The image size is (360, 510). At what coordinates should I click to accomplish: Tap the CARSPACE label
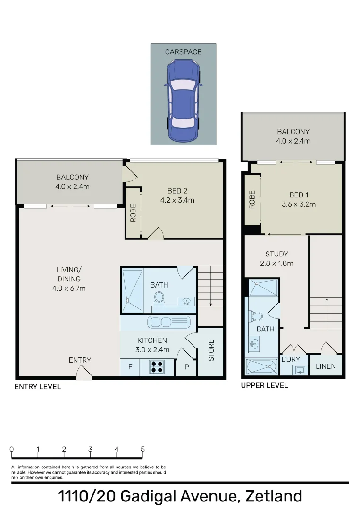[x=183, y=52]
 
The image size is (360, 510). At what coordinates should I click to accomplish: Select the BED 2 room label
[x=177, y=191]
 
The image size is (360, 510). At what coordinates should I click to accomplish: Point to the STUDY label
[x=276, y=254]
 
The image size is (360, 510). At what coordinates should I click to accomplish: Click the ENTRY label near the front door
[x=80, y=360]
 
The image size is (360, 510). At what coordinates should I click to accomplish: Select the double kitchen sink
[x=168, y=323]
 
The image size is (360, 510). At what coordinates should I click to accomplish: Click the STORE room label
[x=211, y=350]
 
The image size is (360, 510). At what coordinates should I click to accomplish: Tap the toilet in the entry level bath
[x=159, y=297]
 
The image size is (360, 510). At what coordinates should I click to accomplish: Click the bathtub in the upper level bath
[x=262, y=366]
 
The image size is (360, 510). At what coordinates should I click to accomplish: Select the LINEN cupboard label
[x=326, y=366]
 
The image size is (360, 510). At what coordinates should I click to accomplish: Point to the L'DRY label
[x=291, y=360]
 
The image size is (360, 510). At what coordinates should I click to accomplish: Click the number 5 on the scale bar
[x=142, y=450]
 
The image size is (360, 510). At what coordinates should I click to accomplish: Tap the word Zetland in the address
[x=274, y=497]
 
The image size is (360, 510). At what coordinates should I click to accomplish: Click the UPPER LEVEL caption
[x=264, y=385]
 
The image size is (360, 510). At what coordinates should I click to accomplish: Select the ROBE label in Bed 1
[x=252, y=199]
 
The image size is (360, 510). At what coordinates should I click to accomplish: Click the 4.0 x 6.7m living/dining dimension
[x=69, y=288]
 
